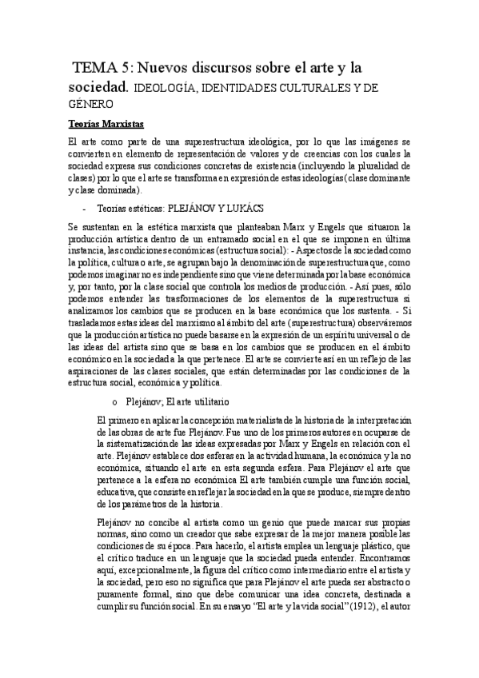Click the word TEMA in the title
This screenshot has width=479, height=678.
[94, 66]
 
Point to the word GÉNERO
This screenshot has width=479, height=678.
[88, 103]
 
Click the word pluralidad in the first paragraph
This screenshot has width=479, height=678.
[385, 166]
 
